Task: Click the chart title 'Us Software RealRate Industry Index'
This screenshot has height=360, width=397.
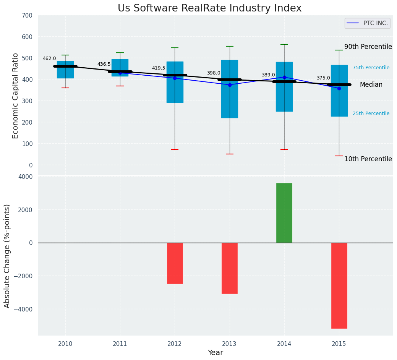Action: pyautogui.click(x=209, y=8)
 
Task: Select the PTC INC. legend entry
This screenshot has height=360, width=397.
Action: pyautogui.click(x=367, y=23)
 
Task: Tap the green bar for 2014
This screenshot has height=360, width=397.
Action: pyautogui.click(x=284, y=213)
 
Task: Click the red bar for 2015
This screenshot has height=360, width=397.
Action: pyautogui.click(x=339, y=285)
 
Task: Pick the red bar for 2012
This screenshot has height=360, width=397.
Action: pyautogui.click(x=175, y=263)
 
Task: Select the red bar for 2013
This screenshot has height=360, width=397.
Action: pyautogui.click(x=230, y=268)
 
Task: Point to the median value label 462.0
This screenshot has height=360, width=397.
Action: pyautogui.click(x=49, y=59)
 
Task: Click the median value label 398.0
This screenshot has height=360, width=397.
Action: pyautogui.click(x=214, y=73)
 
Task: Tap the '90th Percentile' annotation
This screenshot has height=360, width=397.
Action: pyautogui.click(x=368, y=47)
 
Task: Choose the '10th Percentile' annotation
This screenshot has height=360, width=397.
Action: pyautogui.click(x=368, y=159)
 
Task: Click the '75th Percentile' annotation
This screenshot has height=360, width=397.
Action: pyautogui.click(x=371, y=68)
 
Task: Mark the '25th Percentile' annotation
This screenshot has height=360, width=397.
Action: pyautogui.click(x=371, y=114)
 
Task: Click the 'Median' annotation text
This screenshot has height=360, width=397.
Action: pyautogui.click(x=371, y=85)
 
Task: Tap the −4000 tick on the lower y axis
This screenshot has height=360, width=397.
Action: pyautogui.click(x=24, y=309)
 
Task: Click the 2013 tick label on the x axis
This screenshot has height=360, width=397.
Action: pyautogui.click(x=230, y=344)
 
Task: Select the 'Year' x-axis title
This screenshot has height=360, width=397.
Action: pyautogui.click(x=216, y=353)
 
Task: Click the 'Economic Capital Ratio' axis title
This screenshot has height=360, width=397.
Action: pyautogui.click(x=16, y=96)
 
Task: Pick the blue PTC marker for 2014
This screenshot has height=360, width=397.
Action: pyautogui.click(x=284, y=77)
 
